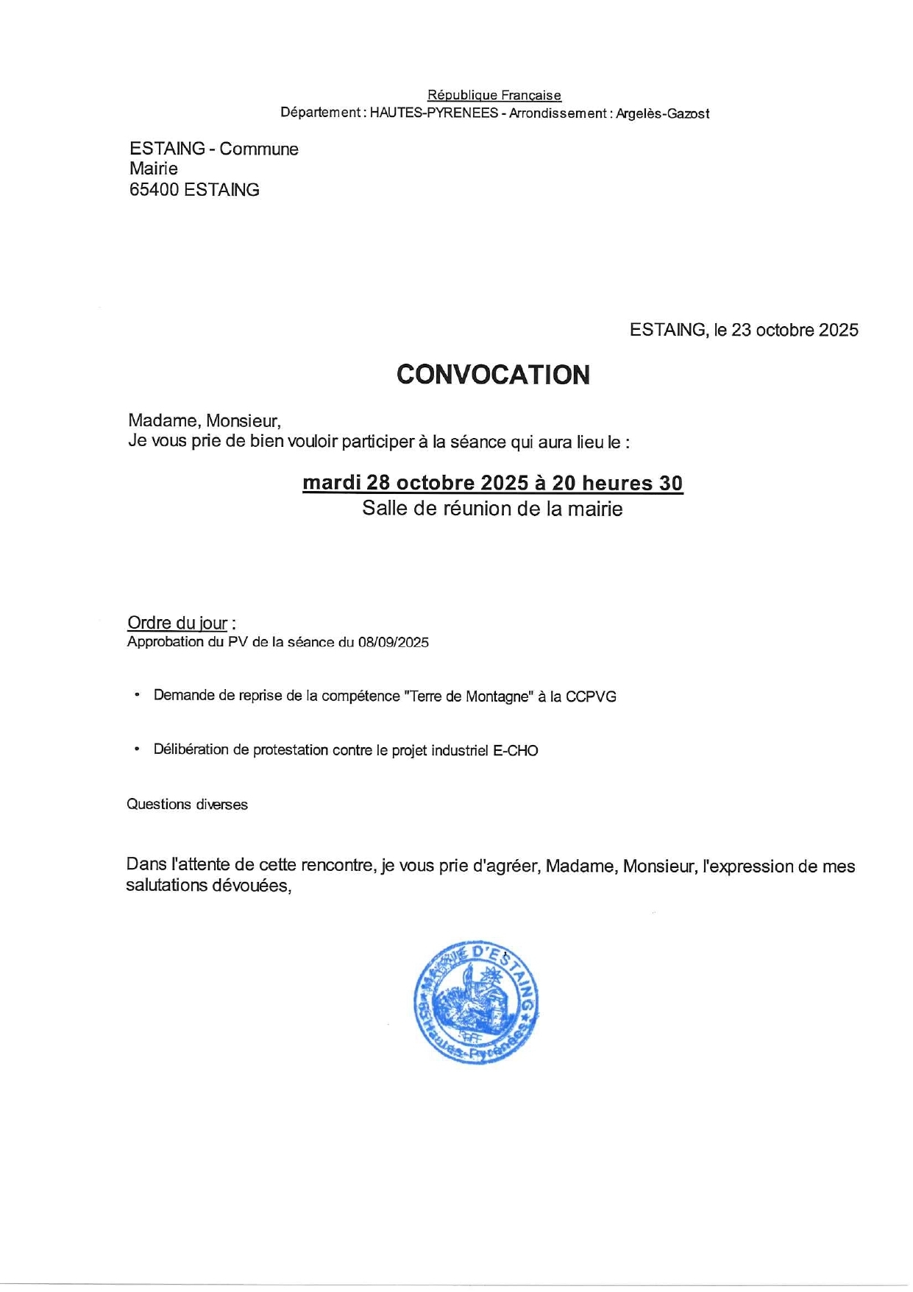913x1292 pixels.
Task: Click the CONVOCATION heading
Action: tap(493, 375)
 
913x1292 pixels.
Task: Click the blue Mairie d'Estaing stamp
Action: tap(476, 1002)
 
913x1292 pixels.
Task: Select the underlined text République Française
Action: tap(494, 95)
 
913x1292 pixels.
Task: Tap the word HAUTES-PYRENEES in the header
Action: tap(433, 113)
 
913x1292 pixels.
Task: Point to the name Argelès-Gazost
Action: tap(662, 113)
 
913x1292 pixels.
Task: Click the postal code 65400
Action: tap(154, 190)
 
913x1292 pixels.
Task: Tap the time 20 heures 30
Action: tap(617, 483)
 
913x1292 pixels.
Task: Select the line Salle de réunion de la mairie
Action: tap(492, 509)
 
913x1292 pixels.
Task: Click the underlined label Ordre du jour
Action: tap(177, 623)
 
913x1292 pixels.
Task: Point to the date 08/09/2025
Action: tap(393, 642)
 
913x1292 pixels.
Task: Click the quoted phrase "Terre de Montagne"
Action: tap(468, 696)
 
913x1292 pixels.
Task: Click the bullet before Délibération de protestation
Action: tap(136, 749)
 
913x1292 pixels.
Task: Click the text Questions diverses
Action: tap(187, 805)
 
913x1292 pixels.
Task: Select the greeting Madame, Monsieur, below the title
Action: tap(205, 421)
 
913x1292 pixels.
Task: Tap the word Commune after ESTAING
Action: tap(259, 149)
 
